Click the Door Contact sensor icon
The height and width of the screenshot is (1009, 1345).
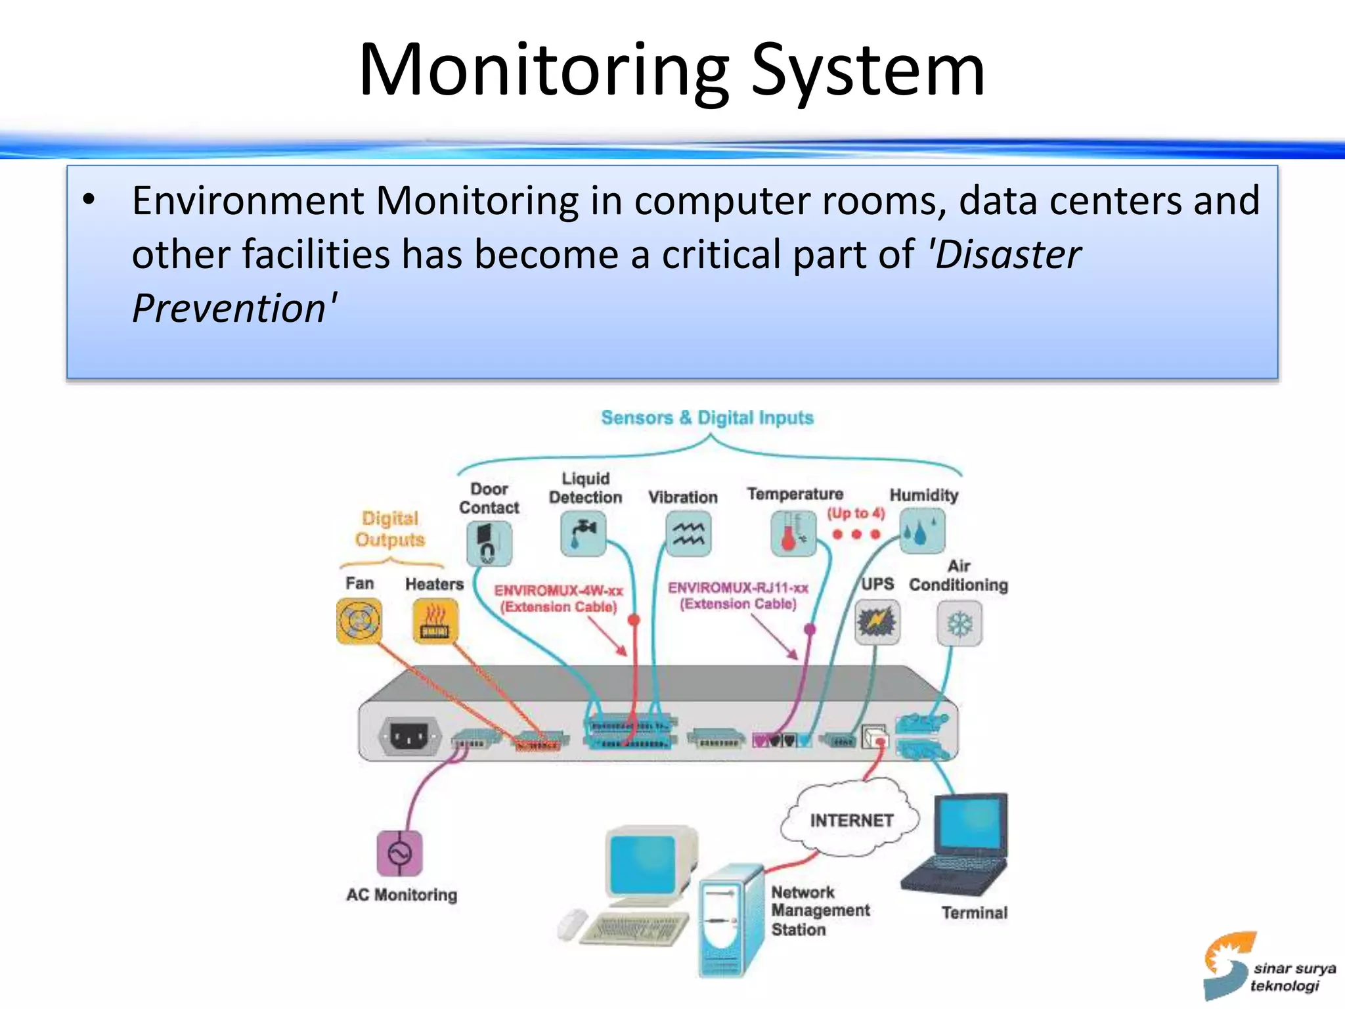489,543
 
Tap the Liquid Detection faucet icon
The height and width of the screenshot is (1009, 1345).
583,534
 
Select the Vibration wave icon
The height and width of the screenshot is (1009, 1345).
688,534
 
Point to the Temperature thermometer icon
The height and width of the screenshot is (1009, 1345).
793,534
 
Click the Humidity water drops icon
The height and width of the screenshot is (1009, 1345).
921,531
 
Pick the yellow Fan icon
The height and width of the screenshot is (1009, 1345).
359,621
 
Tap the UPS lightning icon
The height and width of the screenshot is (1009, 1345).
877,622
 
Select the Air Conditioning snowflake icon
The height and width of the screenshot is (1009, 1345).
959,624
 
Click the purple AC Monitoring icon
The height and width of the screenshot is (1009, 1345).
399,853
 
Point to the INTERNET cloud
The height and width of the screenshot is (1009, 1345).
851,820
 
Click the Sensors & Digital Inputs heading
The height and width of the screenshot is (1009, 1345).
707,418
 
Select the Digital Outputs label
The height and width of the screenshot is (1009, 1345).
390,529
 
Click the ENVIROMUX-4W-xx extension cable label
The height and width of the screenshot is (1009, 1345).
558,598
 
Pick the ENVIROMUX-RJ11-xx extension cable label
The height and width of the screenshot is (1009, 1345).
738,595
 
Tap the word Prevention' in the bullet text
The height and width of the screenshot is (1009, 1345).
234,308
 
